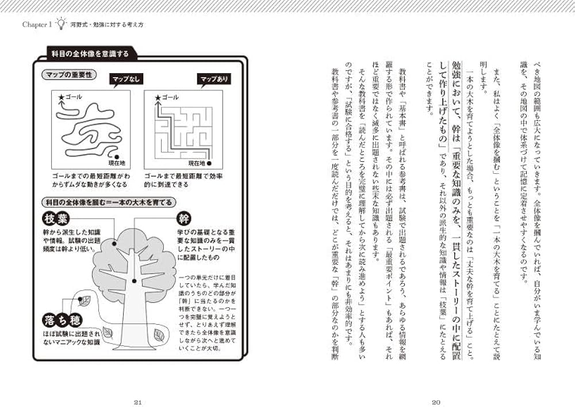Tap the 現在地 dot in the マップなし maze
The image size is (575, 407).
[x=117, y=155]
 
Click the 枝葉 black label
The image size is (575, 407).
[x=57, y=219]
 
